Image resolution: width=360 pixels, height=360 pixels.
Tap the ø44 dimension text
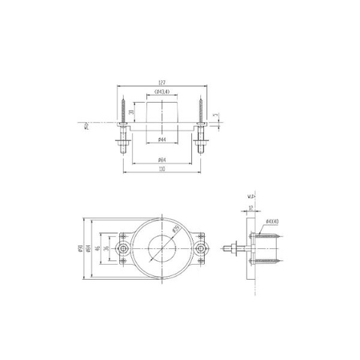[x=162, y=140]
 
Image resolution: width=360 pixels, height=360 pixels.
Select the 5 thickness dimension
[x=214, y=116]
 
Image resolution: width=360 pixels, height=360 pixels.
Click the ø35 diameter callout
[x=176, y=230]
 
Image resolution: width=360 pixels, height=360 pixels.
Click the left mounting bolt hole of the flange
[x=127, y=248]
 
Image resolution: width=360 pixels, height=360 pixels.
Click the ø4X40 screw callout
[x=271, y=222]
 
